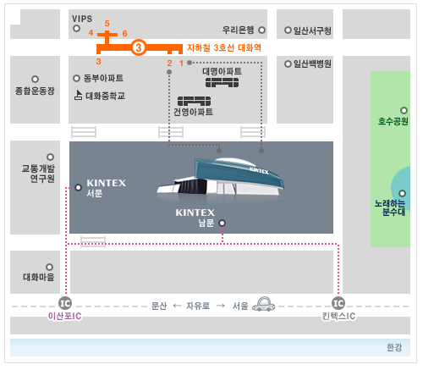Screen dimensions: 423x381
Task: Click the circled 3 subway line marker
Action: pyautogui.click(x=138, y=47)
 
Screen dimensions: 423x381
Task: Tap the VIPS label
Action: pyautogui.click(x=82, y=19)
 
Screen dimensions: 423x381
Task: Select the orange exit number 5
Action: pyautogui.click(x=107, y=23)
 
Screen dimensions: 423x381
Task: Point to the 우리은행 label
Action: pyautogui.click(x=239, y=30)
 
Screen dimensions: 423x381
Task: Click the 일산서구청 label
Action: pyautogui.click(x=312, y=30)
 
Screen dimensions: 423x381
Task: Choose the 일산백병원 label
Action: pyautogui.click(x=312, y=63)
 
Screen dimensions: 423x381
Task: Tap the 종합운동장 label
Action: pyautogui.click(x=35, y=91)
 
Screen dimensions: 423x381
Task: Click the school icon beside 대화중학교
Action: pyautogui.click(x=78, y=95)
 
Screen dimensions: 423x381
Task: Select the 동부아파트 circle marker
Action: pyautogui.click(x=76, y=78)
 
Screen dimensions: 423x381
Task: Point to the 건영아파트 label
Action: pyautogui.click(x=193, y=112)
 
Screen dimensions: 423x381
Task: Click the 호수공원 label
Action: pyautogui.click(x=393, y=121)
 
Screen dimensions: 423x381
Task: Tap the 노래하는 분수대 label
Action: pyautogui.click(x=390, y=207)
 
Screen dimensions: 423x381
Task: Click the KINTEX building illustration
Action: pyautogui.click(x=221, y=178)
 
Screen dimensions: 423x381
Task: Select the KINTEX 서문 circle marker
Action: pyautogui.click(x=78, y=187)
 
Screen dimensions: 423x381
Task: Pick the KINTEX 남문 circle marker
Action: pyautogui.click(x=222, y=224)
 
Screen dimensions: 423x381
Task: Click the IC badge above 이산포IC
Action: pyautogui.click(x=65, y=303)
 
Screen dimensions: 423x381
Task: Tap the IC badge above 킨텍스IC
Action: pyautogui.click(x=338, y=303)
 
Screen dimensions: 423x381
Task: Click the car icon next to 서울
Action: pyautogui.click(x=264, y=304)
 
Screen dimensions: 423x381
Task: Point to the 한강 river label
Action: pyautogui.click(x=394, y=347)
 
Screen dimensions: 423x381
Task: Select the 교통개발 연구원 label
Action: pyautogui.click(x=38, y=174)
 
